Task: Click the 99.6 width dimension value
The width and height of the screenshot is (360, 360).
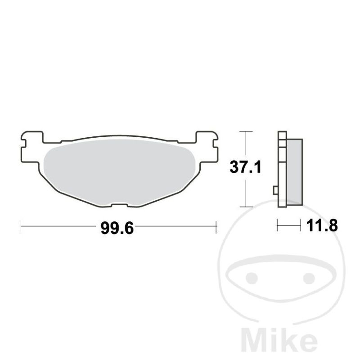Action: [117, 228]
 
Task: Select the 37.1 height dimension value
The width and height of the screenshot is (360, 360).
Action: [245, 167]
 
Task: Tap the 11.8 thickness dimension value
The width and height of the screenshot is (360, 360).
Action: [322, 225]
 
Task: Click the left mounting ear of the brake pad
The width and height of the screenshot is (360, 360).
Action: [31, 147]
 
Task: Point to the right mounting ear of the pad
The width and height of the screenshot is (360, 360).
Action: [207, 147]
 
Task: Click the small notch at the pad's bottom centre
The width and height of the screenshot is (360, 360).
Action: [119, 205]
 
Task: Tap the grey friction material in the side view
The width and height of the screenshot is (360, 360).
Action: [295, 172]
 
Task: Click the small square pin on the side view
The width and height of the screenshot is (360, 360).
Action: [275, 190]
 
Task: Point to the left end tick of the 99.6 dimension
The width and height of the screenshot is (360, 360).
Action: [21, 226]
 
